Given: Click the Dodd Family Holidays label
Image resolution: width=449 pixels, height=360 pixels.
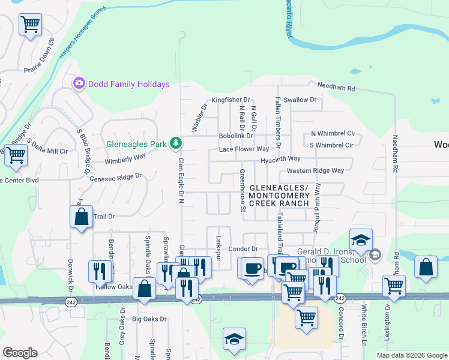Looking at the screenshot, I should pyautogui.click(x=128, y=85).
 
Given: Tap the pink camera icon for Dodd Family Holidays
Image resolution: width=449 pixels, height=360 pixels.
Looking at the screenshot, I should pyautogui.click(x=79, y=83).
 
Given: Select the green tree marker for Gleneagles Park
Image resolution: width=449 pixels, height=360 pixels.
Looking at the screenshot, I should pyautogui.click(x=176, y=143).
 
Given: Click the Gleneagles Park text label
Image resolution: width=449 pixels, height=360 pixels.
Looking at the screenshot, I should pyautogui.click(x=137, y=144).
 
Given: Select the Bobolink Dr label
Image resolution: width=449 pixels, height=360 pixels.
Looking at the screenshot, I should pyautogui.click(x=235, y=136).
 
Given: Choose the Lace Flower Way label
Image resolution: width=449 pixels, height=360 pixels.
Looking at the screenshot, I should pyautogui.click(x=244, y=149).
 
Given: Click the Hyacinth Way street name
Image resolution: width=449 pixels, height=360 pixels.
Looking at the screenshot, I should pyautogui.click(x=280, y=159).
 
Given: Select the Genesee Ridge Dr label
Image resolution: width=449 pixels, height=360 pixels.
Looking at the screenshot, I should pyautogui.click(x=115, y=177).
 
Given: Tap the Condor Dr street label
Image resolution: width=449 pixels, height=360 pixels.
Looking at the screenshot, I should pyautogui.click(x=243, y=249).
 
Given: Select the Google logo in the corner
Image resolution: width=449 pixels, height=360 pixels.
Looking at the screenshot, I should pyautogui.click(x=20, y=353).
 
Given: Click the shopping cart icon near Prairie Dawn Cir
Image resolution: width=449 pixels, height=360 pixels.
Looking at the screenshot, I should pyautogui.click(x=30, y=25).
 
